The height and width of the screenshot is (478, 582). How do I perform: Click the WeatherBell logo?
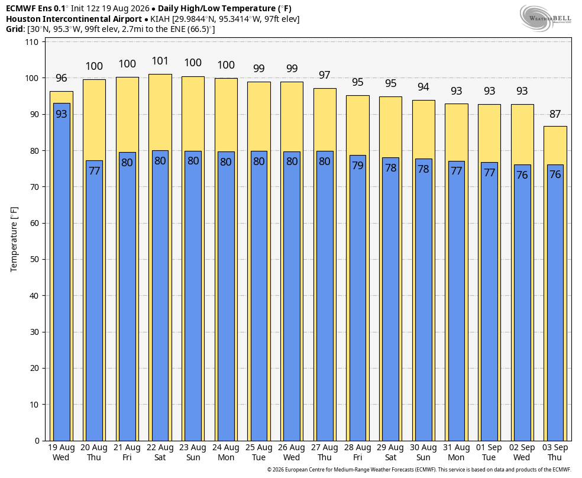tap(545, 18)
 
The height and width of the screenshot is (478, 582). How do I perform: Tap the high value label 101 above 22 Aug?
tap(160, 61)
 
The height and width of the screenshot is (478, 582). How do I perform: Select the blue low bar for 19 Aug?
tap(62, 272)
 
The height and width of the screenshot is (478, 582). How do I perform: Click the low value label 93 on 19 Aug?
tap(62, 114)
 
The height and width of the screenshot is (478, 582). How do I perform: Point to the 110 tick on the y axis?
tap(31, 42)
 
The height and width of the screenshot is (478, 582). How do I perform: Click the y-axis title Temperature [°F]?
tap(14, 240)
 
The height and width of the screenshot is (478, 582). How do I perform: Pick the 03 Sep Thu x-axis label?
tap(555, 453)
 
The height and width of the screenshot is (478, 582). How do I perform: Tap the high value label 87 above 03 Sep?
tap(555, 114)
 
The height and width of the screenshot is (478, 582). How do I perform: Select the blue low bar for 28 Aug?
tap(357, 298)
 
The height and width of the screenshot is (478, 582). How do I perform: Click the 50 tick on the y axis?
tap(34, 260)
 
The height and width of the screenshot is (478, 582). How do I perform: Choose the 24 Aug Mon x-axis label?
tap(226, 453)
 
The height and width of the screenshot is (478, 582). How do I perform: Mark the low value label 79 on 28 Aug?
tap(357, 165)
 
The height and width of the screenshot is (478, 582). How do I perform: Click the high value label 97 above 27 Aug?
tap(324, 75)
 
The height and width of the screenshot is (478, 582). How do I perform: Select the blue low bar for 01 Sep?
tap(489, 302)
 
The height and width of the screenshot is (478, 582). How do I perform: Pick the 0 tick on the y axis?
tap(37, 441)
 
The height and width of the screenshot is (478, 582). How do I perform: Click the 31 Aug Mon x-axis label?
tap(456, 453)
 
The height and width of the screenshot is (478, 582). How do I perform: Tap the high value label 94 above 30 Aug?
tap(423, 87)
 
